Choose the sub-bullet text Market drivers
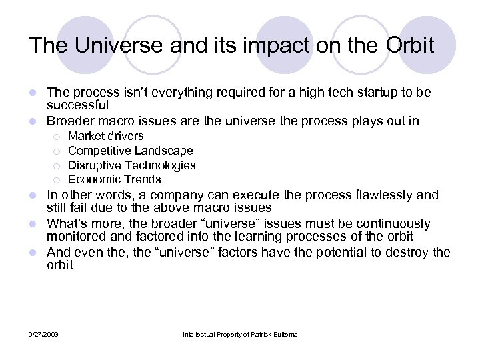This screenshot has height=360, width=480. (105, 136)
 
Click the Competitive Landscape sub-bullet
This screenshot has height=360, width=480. (130, 151)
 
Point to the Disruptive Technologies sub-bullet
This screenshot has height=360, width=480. (131, 165)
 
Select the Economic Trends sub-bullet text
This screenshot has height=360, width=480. (114, 179)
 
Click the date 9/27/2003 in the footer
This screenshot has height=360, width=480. (44, 333)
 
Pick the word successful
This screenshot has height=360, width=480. (77, 105)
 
